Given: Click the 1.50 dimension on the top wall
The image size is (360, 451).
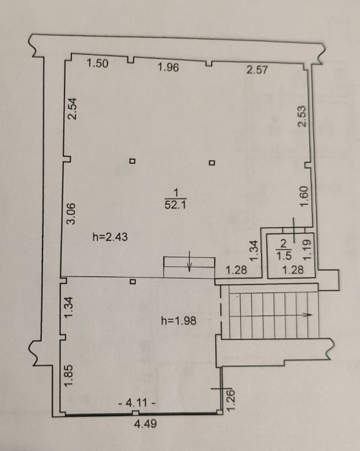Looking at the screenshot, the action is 98,63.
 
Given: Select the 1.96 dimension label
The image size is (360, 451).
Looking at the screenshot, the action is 169,67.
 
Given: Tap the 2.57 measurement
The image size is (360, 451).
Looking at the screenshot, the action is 257,70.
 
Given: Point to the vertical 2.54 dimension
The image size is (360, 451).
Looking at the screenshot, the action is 72,109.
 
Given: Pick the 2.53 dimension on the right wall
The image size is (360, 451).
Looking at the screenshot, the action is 302,117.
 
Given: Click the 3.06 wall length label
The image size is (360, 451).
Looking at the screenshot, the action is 71,213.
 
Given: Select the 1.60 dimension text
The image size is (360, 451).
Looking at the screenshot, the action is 304,196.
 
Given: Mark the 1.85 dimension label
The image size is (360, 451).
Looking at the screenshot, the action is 69,376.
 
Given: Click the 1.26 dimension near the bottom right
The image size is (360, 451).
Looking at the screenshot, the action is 231,400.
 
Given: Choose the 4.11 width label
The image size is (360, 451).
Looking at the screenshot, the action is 137,403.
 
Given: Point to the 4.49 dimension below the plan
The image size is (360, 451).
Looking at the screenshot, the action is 146,424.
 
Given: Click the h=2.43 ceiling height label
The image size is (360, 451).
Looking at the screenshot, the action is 110,237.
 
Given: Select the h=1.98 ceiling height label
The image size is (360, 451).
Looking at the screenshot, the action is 178,320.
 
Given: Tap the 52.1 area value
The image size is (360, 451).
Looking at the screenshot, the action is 176,205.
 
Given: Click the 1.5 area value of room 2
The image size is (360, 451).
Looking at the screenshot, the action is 284,255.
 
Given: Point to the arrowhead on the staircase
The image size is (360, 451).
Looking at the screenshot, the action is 308,314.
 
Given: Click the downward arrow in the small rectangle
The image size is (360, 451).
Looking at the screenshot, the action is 189,261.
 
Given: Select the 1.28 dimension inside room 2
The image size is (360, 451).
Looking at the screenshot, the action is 293,270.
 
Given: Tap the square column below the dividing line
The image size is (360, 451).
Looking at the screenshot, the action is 133,282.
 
